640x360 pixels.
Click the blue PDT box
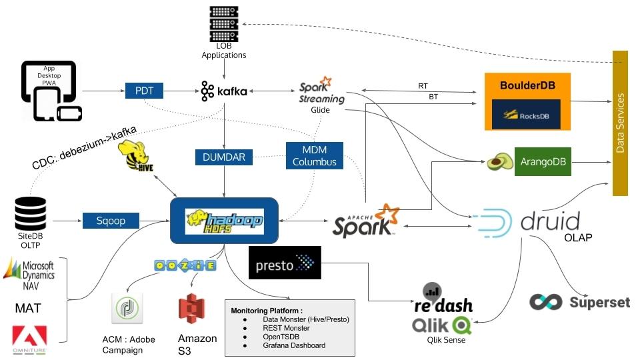click(144, 90)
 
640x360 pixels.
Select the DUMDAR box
click(224, 157)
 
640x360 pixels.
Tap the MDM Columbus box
click(315, 155)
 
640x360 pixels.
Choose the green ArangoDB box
click(543, 162)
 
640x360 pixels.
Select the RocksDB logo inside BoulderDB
click(526, 115)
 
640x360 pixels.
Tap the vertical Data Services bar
click(621, 123)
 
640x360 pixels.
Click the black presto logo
click(284, 263)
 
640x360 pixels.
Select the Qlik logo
click(442, 325)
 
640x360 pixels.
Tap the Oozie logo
click(184, 265)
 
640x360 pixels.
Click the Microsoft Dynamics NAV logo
click(30, 274)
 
